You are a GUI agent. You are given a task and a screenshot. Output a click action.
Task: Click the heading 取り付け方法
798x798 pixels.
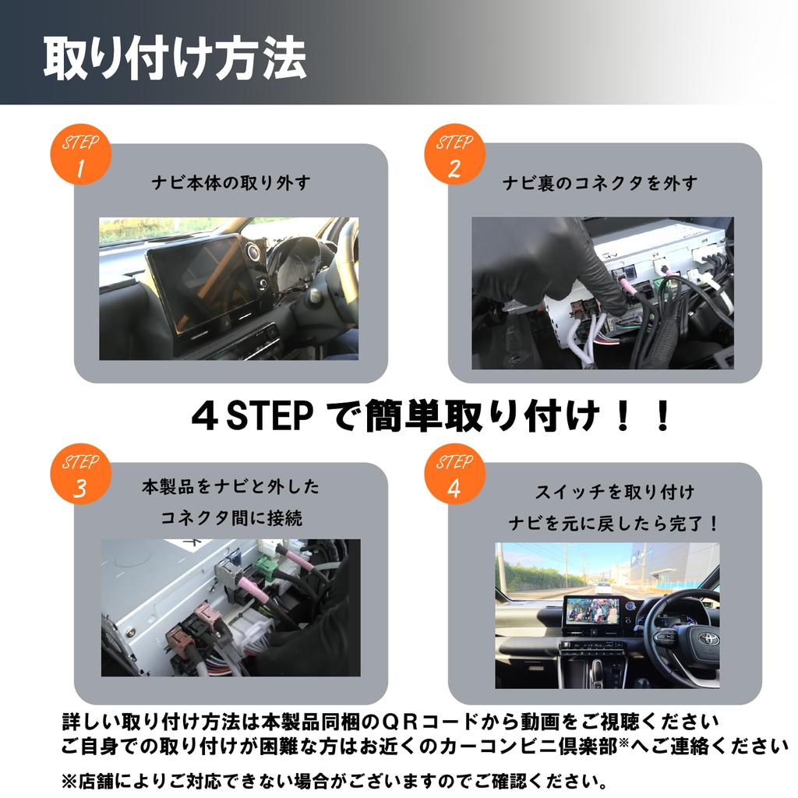pos(174,57)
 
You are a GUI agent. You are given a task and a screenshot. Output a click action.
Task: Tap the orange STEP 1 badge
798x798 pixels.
pos(80,156)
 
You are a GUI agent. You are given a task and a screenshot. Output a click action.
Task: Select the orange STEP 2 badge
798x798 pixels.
pos(454,156)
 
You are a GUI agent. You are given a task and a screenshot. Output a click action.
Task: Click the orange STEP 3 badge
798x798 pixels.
pos(80,475)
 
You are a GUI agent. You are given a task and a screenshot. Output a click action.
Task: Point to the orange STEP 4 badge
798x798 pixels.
pos(454,475)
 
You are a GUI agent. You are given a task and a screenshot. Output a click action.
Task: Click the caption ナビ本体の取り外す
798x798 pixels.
pos(231,183)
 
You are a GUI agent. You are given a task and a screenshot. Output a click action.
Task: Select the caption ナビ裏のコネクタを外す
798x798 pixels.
pos(599,183)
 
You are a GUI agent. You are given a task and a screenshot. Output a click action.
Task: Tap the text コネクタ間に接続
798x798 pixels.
pos(231,517)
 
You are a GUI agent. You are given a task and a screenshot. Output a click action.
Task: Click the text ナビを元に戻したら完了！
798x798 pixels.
pos(614,523)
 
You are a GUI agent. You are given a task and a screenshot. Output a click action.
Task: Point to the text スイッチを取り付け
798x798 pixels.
pos(614,492)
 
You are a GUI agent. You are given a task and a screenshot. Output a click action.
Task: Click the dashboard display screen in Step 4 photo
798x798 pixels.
pos(591,610)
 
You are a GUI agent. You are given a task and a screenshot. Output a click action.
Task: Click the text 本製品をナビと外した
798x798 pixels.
pos(231,487)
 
